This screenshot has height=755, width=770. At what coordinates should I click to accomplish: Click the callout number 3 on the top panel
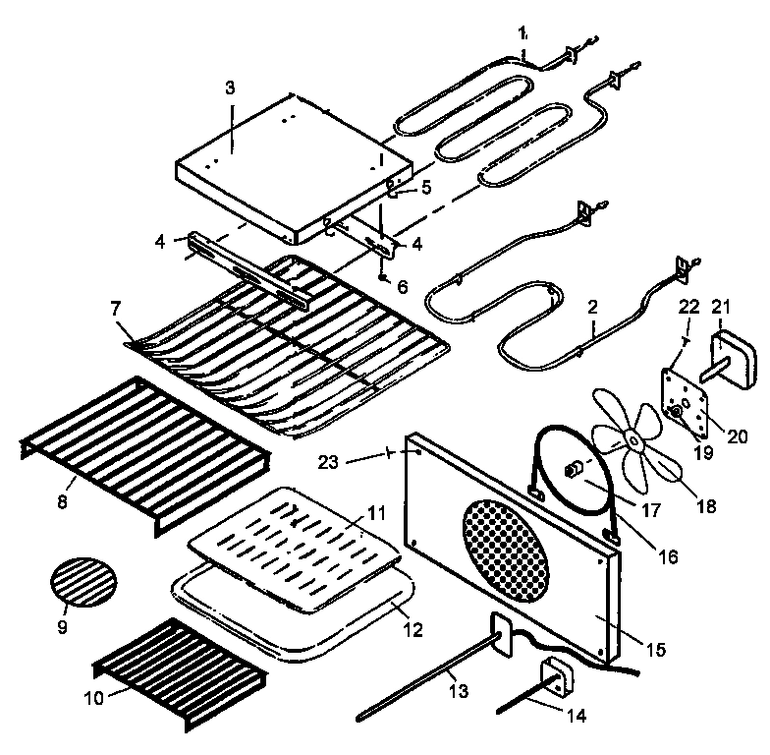[229, 87]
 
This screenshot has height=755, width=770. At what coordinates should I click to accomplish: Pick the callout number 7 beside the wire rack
[116, 309]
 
